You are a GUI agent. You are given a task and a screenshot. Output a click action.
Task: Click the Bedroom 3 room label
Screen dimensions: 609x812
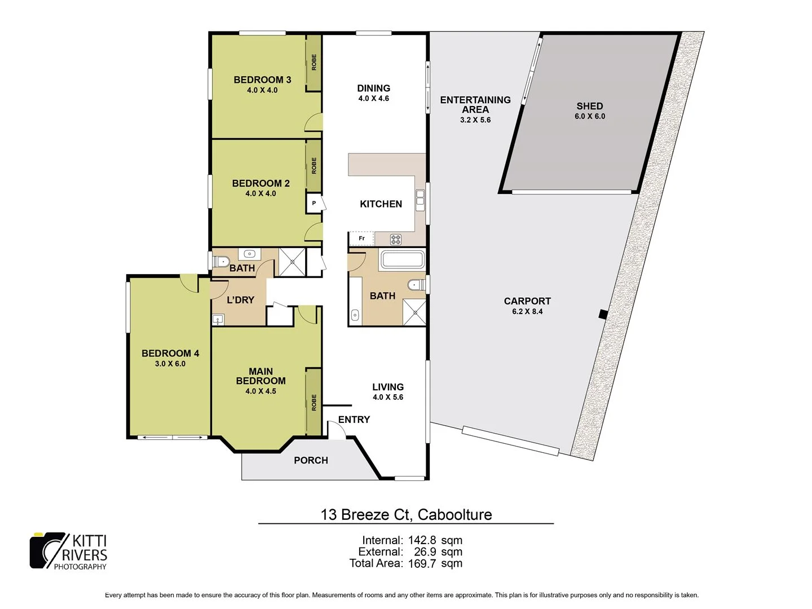[x=262, y=80]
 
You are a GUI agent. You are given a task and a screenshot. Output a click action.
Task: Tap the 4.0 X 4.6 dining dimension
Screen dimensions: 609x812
[x=373, y=98]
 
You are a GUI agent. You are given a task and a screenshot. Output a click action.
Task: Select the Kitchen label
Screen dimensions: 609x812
[x=381, y=204]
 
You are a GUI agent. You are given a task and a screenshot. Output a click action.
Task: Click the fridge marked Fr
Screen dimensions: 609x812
[x=361, y=239]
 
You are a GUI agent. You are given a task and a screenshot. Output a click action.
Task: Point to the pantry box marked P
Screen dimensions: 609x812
[x=314, y=203]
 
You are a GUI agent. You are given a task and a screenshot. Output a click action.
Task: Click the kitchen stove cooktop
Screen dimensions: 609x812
[x=396, y=239]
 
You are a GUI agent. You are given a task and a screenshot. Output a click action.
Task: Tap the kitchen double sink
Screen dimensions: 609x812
[x=420, y=200]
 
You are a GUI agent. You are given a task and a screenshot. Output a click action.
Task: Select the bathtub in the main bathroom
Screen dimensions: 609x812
[x=402, y=260]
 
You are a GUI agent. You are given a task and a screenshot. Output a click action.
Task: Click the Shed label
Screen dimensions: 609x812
[x=589, y=106]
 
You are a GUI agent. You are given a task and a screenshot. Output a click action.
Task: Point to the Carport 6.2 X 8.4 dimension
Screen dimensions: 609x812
[x=527, y=311]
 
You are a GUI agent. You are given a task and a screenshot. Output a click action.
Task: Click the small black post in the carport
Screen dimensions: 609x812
[x=602, y=314]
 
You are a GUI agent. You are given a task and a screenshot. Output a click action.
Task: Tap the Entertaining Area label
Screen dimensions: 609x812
[x=475, y=104]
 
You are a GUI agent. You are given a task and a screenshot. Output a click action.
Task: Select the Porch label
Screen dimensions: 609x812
[x=311, y=460]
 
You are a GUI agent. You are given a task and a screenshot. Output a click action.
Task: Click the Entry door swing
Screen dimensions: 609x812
[x=337, y=431]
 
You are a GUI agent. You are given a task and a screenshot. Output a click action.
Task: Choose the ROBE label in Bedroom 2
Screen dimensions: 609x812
[x=314, y=165]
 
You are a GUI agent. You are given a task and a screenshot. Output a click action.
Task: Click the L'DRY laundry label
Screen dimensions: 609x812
[x=240, y=300]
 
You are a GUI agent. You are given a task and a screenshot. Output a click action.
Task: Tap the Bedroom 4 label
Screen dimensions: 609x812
[x=170, y=354]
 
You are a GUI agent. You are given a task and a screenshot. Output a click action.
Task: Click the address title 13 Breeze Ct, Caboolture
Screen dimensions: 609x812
[x=406, y=514]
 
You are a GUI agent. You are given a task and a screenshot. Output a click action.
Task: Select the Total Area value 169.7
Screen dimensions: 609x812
[x=422, y=563]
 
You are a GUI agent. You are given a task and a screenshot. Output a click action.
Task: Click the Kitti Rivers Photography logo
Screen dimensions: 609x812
[x=68, y=550]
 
